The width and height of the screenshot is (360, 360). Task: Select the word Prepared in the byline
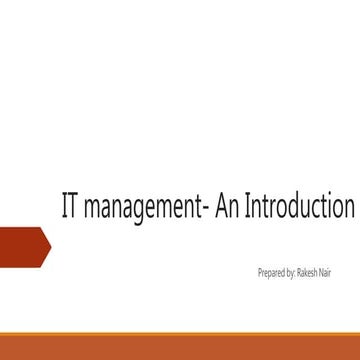point(270,271)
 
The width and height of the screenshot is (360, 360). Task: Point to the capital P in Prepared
point(258,271)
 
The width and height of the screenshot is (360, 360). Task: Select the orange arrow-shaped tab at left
point(22,245)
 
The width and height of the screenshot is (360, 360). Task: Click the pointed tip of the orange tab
point(50,245)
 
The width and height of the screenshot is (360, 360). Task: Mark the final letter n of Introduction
point(348,210)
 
